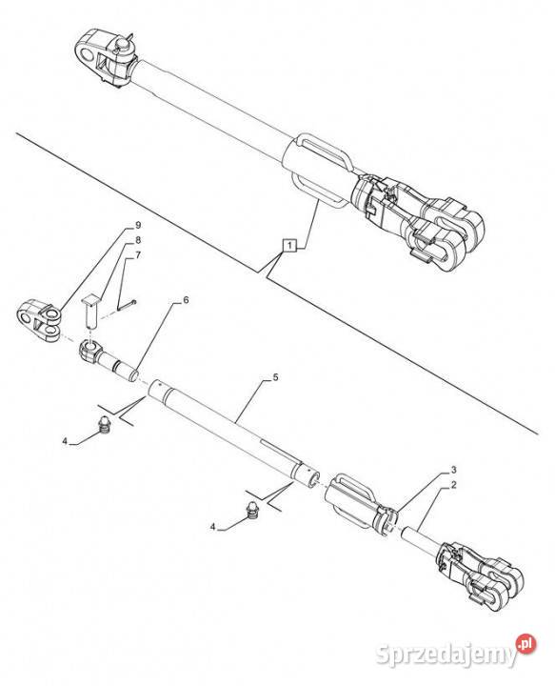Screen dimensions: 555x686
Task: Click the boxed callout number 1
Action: [289, 246]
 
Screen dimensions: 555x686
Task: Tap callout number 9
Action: [138, 225]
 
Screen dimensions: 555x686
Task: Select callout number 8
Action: [138, 240]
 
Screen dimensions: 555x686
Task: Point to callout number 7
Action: [138, 255]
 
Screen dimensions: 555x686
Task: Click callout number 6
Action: [186, 300]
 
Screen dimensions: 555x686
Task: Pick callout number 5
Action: [275, 376]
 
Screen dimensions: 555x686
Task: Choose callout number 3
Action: [453, 470]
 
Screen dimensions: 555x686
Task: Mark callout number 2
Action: [453, 485]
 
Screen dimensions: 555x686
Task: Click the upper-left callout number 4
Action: [65, 441]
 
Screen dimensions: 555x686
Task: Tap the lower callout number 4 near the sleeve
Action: [213, 527]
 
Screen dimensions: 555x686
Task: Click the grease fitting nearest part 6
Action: [105, 424]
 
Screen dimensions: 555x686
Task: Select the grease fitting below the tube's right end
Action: [252, 510]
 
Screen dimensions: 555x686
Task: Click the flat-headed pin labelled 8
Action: [90, 312]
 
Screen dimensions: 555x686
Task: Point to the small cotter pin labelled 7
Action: [127, 305]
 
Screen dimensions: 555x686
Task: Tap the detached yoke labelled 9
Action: [39, 320]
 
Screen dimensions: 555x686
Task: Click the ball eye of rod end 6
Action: [90, 351]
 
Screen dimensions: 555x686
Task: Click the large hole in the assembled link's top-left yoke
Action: [89, 55]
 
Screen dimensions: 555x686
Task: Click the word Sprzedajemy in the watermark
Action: [446, 655]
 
